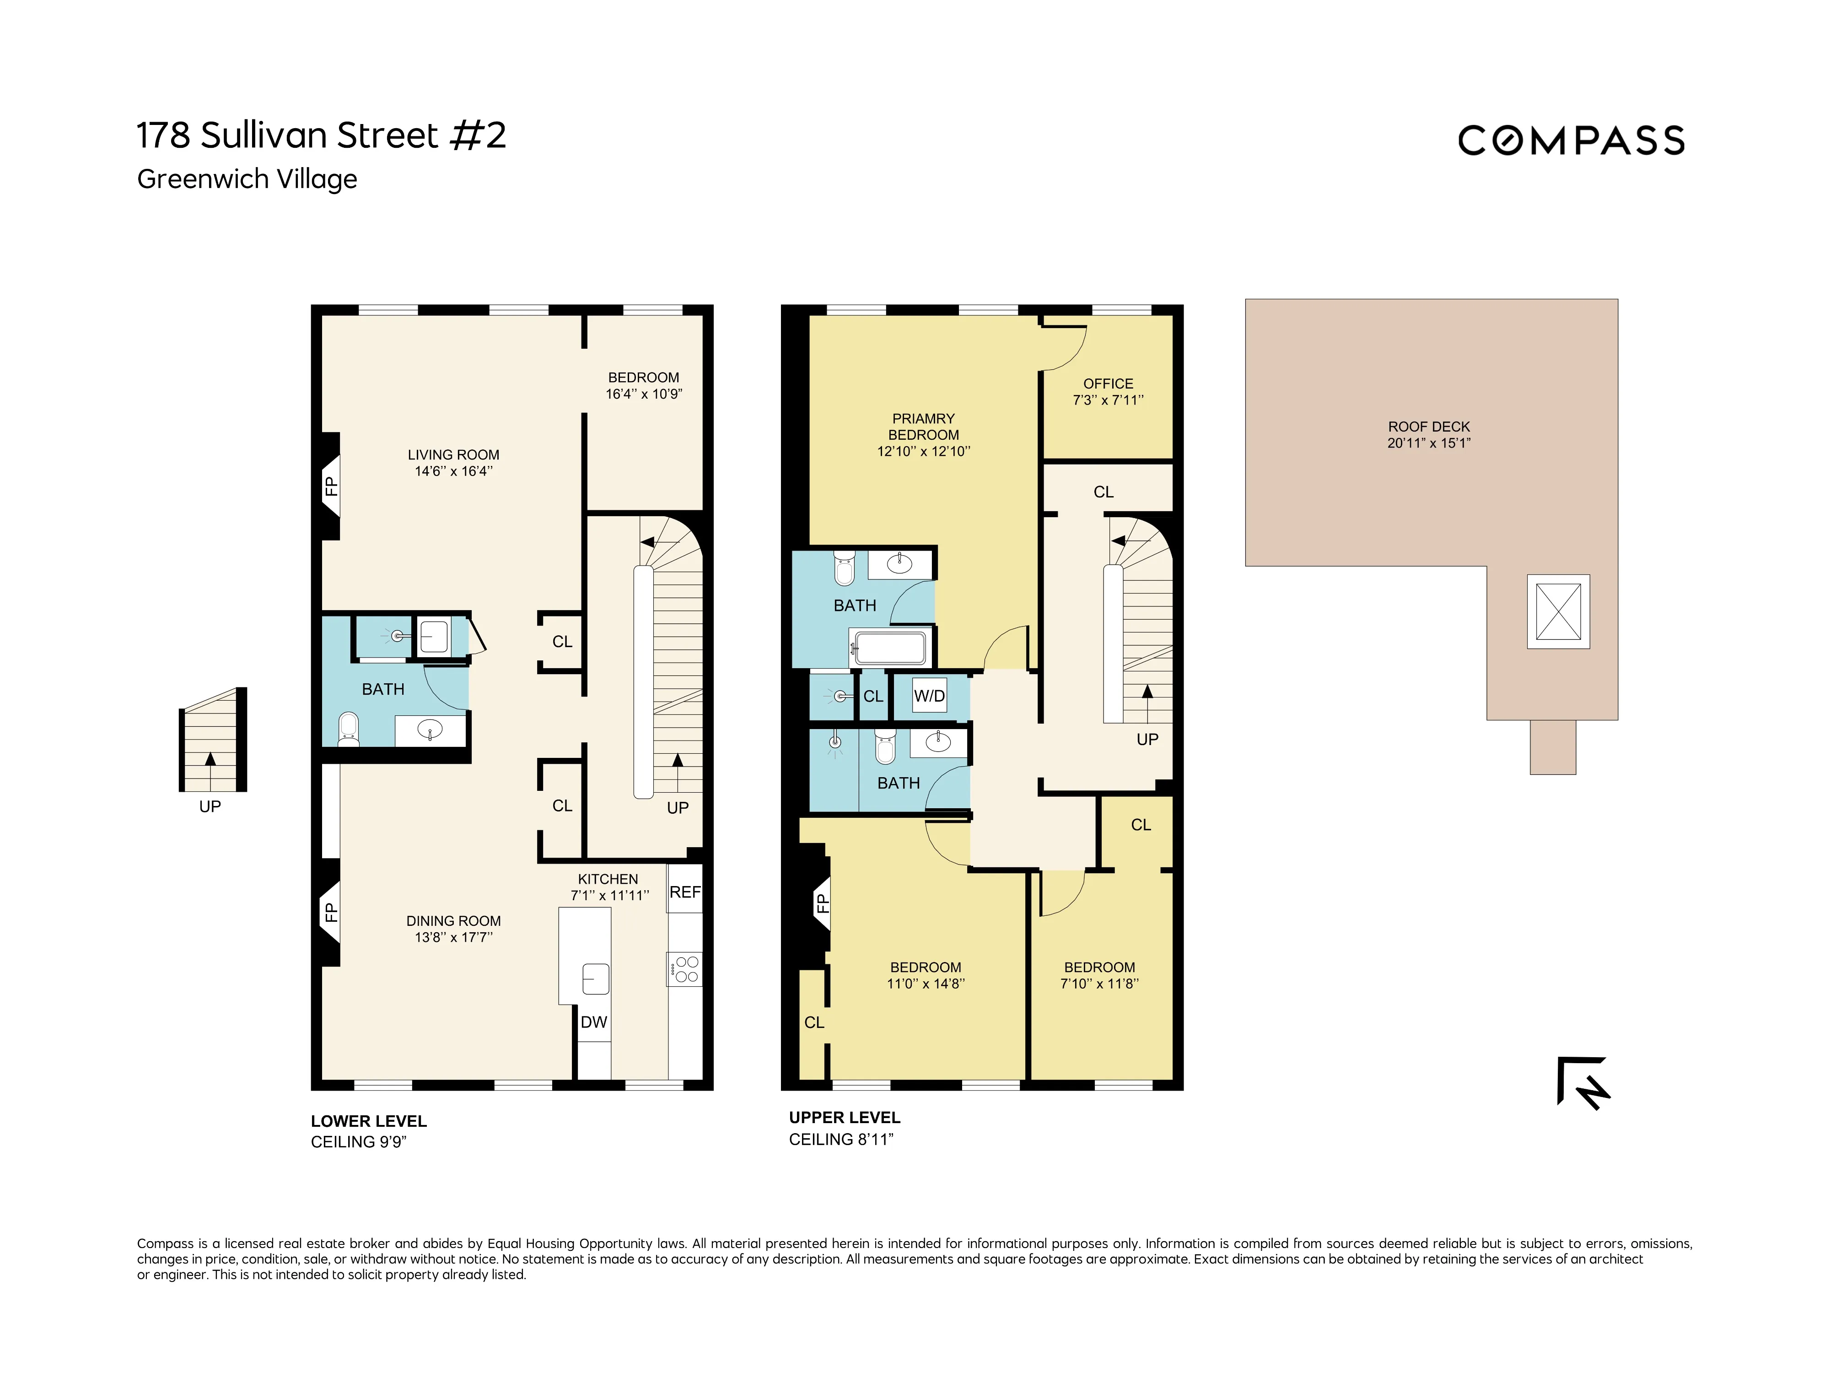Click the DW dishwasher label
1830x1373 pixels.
[x=593, y=1022]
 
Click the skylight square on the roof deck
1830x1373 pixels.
[x=1558, y=611]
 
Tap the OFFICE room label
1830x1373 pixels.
[x=1108, y=384]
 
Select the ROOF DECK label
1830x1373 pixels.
[x=1429, y=427]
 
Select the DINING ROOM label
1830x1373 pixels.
[x=453, y=921]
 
